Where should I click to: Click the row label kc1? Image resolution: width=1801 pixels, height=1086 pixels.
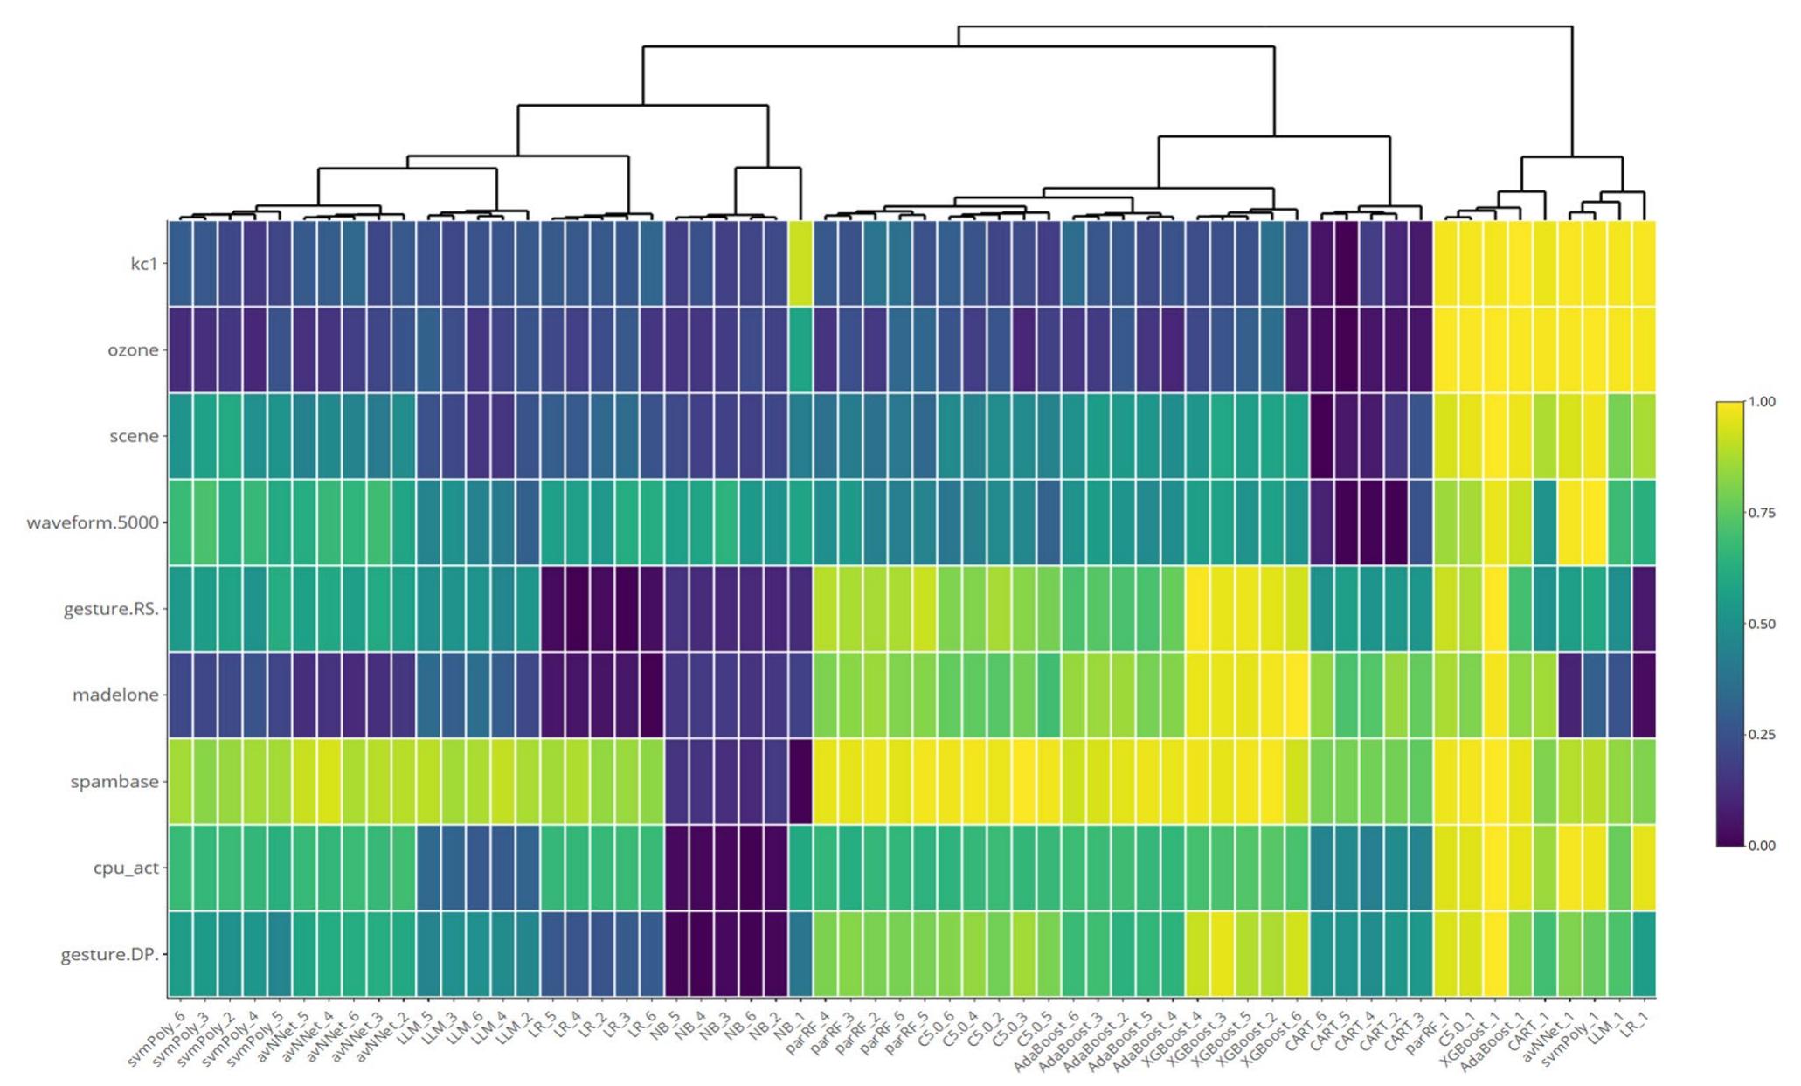pos(143,263)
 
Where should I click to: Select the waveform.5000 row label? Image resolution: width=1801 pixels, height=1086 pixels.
pos(93,522)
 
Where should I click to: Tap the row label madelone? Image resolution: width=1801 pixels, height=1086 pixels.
pos(115,695)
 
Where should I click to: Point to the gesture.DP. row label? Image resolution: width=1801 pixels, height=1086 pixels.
pos(110,954)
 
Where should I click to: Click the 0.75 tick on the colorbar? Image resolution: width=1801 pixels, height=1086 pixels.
pos(1762,513)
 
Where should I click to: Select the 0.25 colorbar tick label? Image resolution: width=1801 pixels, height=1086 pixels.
pos(1762,735)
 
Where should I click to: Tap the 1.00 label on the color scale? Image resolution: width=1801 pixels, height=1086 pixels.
pos(1762,402)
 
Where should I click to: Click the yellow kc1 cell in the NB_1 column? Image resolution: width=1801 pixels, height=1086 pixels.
pos(801,263)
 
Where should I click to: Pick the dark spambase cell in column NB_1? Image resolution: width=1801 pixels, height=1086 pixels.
pos(801,781)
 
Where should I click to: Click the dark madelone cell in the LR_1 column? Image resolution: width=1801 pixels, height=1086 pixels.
pos(1644,695)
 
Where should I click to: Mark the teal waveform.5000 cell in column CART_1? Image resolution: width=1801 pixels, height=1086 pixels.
pos(1545,522)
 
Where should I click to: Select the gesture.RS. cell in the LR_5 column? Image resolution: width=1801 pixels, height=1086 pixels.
pos(553,609)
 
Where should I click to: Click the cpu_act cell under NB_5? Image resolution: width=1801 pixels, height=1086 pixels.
pos(677,868)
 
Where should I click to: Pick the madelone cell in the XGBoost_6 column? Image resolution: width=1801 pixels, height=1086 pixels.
pos(1297,695)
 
